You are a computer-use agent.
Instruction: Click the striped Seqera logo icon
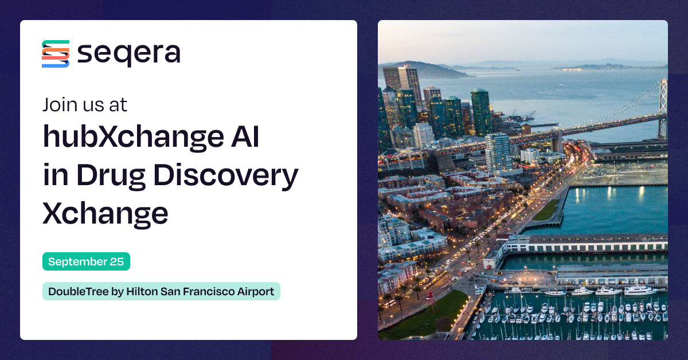[56, 54]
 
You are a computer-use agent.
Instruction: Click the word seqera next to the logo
[128, 54]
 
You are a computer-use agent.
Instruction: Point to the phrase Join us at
[85, 105]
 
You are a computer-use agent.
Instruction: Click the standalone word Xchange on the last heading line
[105, 212]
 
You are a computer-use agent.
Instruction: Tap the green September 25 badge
[86, 262]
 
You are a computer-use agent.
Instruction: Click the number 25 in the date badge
[117, 262]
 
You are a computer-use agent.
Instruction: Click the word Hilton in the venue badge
[141, 291]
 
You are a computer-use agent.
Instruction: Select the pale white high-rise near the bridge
[498, 151]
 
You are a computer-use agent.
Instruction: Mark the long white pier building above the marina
[585, 244]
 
